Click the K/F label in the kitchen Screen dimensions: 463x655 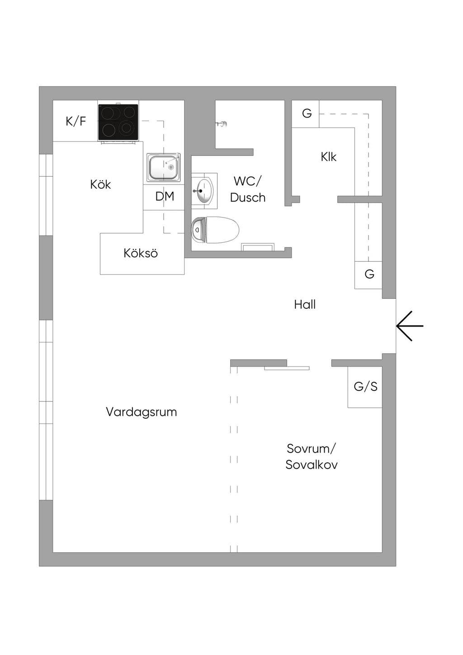tap(76, 121)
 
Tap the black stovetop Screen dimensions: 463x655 tap(118, 122)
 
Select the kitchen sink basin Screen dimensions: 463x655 tap(164, 167)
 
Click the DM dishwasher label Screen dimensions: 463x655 tap(165, 196)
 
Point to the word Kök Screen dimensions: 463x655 tap(100, 184)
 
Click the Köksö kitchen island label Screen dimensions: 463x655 tap(140, 253)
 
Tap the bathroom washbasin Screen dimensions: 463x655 tap(204, 190)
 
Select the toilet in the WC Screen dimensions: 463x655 tap(215, 230)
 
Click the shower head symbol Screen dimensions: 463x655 tap(222, 124)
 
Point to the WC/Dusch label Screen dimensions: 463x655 tap(247, 189)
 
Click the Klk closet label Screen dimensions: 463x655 tap(328, 157)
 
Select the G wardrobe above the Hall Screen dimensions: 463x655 tap(369, 274)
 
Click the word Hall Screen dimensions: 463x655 tap(305, 305)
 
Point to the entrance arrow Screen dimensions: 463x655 tap(410, 326)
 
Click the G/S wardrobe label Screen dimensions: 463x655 tap(365, 386)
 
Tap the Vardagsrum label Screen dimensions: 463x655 tap(141, 412)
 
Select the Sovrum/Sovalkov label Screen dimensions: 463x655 tap(312, 457)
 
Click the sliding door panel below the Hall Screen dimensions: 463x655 tap(287, 368)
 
